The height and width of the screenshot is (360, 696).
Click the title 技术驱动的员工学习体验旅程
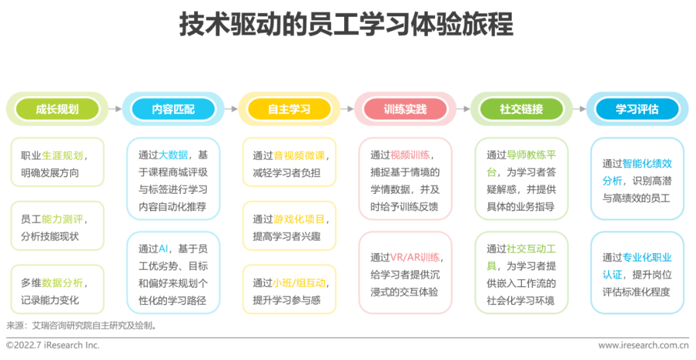click(346, 26)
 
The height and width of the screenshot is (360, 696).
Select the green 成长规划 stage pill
click(57, 109)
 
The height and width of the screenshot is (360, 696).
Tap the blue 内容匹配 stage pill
click(173, 109)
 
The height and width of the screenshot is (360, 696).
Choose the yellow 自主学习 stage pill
click(289, 109)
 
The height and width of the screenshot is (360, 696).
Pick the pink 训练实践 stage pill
click(405, 109)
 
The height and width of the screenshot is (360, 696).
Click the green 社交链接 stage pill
click(521, 109)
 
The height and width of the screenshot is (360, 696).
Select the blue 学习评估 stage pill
click(637, 109)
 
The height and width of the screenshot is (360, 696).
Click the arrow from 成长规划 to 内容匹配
click(115, 109)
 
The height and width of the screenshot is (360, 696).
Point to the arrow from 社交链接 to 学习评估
click(579, 109)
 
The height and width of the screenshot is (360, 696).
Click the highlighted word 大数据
click(173, 155)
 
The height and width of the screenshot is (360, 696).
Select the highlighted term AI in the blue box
click(163, 249)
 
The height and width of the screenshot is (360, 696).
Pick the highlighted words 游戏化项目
click(300, 219)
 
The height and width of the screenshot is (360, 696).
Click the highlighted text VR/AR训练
click(415, 257)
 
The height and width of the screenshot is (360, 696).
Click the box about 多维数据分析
click(57, 291)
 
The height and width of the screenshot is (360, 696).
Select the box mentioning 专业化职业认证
click(637, 274)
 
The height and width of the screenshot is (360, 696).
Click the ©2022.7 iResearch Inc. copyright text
click(53, 345)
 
